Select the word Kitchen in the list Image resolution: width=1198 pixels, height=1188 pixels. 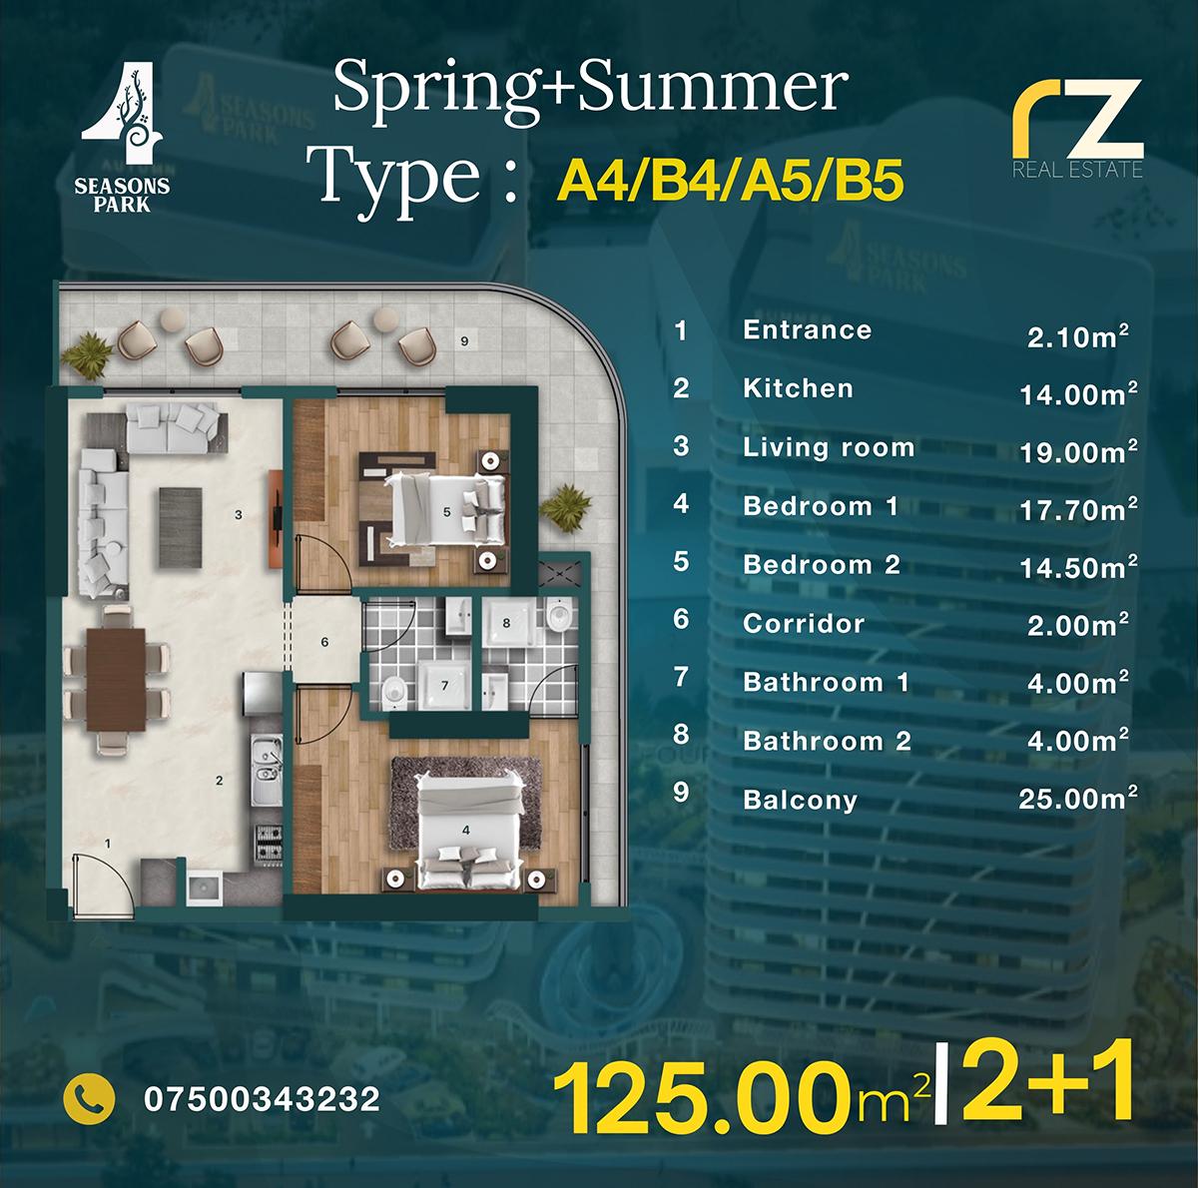[x=798, y=388]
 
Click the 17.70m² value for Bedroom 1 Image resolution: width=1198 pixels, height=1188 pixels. [x=1077, y=511]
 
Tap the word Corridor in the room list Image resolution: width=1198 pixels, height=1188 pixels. [x=803, y=624]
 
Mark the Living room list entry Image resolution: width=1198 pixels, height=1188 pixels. [x=828, y=447]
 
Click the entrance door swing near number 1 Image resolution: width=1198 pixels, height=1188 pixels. [x=95, y=876]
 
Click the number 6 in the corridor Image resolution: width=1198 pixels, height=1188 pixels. [x=325, y=642]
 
